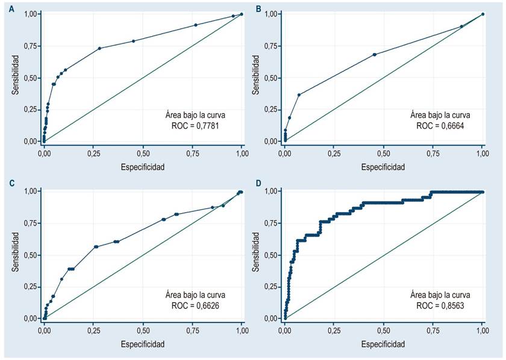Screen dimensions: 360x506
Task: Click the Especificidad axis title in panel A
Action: point(142,167)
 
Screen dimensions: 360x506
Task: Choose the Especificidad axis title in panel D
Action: point(383,344)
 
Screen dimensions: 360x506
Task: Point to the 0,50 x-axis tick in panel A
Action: point(143,154)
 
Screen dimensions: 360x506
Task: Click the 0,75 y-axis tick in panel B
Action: point(272,46)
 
